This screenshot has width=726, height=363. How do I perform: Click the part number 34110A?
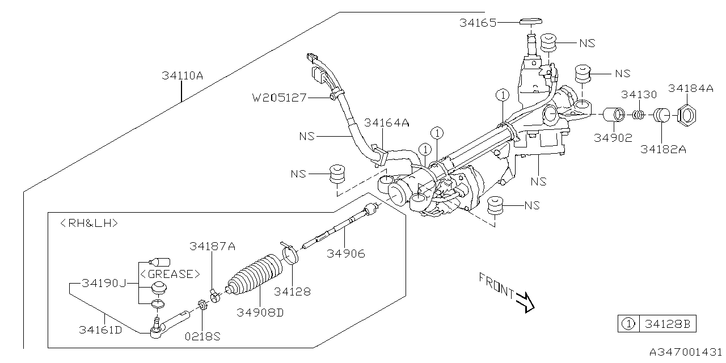(x=182, y=76)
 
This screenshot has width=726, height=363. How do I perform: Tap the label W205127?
(x=280, y=98)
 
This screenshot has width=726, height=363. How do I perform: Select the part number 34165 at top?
(x=478, y=23)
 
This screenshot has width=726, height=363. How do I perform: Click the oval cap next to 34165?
(x=531, y=22)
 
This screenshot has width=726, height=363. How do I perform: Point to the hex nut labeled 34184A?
(x=686, y=115)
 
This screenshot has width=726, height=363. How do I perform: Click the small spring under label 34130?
(x=639, y=115)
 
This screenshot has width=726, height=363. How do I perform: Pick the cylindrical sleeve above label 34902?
(x=613, y=115)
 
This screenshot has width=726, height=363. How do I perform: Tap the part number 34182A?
(x=663, y=149)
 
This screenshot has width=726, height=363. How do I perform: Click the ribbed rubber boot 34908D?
(x=255, y=276)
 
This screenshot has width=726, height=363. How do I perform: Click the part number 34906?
(x=346, y=254)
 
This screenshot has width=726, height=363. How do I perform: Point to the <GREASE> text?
(x=170, y=274)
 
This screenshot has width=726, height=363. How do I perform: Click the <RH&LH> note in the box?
(x=89, y=223)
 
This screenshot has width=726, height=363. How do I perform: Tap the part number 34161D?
(x=100, y=330)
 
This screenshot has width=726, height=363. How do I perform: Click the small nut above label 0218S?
(x=202, y=305)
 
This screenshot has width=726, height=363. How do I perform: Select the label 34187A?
(x=212, y=246)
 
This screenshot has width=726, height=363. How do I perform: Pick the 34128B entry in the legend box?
(x=668, y=324)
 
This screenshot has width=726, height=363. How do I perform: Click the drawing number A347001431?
(x=686, y=352)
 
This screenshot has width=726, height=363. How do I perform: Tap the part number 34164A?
(x=386, y=123)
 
